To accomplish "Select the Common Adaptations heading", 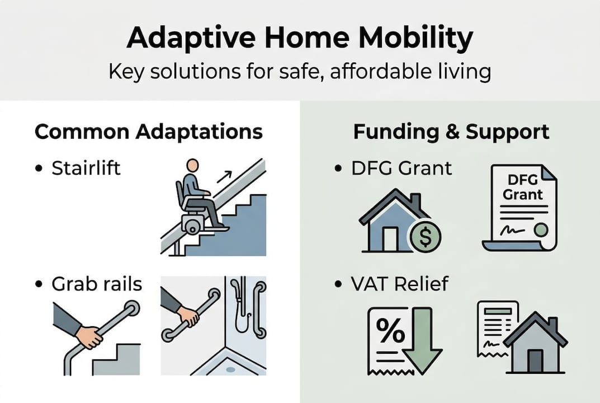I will pyautogui.click(x=148, y=132).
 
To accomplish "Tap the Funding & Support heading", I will pyautogui.click(x=451, y=132).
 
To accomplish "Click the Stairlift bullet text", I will pyautogui.click(x=86, y=168).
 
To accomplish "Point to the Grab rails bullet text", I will pyautogui.click(x=97, y=284).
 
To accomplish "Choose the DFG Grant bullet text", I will pyautogui.click(x=401, y=168).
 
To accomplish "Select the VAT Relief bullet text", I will pyautogui.click(x=400, y=284).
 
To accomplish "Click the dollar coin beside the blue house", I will pyautogui.click(x=425, y=237).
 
